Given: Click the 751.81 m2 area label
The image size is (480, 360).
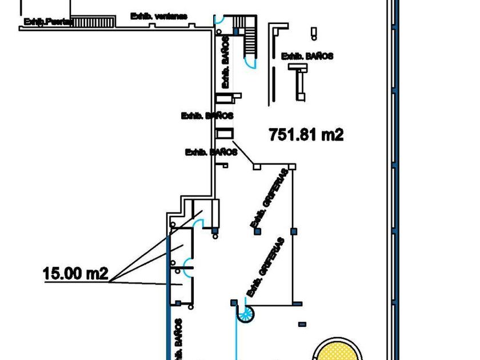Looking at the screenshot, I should [306, 135].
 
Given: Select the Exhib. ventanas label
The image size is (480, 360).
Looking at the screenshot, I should [158, 15].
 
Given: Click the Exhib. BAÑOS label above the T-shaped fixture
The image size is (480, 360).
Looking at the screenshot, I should [307, 56].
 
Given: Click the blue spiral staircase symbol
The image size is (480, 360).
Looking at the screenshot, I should [246, 312].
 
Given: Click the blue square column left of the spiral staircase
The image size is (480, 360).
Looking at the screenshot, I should [233, 302].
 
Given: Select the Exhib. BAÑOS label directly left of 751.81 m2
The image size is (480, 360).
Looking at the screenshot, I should [207, 115].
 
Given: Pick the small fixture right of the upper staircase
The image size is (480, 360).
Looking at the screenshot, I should [313, 32].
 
